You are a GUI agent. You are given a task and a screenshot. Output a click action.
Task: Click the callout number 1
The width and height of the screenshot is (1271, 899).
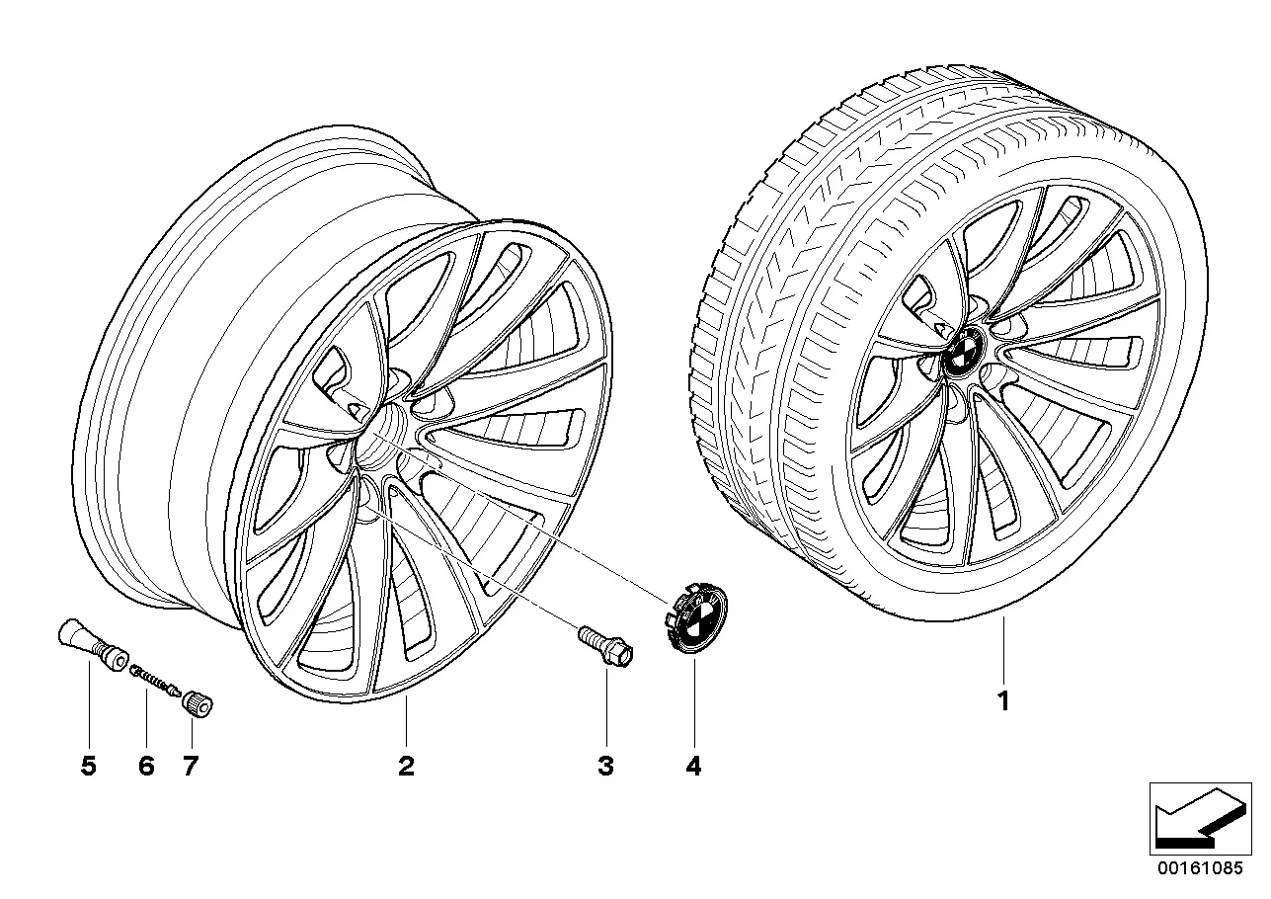[1003, 701]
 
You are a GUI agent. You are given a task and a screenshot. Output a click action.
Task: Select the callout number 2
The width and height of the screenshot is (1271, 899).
[406, 767]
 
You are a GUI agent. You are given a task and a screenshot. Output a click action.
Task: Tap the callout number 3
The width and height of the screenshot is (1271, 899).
[606, 767]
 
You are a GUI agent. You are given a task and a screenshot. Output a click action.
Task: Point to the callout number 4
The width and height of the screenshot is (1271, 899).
[693, 767]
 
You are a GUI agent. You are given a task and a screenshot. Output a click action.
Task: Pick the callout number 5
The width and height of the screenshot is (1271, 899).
[89, 767]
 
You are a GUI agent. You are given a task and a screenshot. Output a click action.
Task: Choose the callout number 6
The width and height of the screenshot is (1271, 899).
[146, 767]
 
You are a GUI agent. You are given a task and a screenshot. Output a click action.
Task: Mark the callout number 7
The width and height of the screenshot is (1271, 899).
[191, 767]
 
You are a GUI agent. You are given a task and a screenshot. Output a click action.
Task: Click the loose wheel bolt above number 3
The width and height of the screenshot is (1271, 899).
[605, 646]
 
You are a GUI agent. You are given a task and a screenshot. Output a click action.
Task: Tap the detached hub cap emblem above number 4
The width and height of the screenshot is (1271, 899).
[695, 617]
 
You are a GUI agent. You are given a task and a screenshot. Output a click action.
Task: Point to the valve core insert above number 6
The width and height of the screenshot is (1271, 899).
[155, 681]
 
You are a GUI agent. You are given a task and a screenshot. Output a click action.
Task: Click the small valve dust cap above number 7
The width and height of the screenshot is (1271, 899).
[197, 705]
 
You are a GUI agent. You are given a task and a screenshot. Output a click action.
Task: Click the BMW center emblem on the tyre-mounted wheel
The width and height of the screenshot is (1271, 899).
[964, 353]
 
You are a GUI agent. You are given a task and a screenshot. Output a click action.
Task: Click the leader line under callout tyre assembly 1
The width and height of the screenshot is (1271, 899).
[1003, 650]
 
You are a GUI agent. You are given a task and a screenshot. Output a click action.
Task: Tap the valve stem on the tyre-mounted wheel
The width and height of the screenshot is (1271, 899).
[931, 317]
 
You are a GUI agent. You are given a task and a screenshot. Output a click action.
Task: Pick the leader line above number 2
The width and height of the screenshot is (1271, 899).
[406, 722]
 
